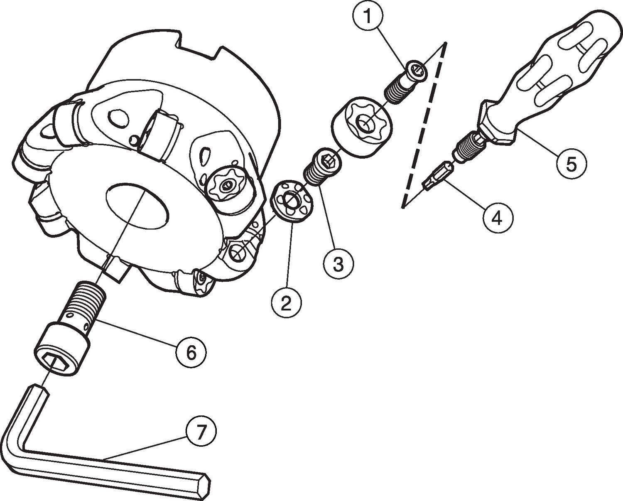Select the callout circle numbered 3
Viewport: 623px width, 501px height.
pyautogui.click(x=338, y=263)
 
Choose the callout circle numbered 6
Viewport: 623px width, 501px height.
pyautogui.click(x=191, y=352)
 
